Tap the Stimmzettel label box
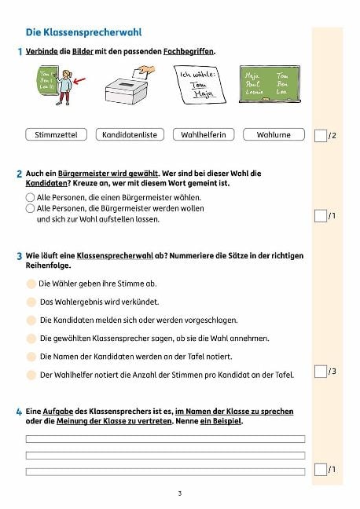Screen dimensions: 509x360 [56, 134]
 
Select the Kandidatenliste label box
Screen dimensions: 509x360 [130, 134]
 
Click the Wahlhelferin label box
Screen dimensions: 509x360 [203, 134]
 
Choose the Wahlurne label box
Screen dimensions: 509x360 [274, 134]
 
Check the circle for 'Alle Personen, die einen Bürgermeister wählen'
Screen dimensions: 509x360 [31, 197]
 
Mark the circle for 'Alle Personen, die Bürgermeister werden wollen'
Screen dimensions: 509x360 [31, 208]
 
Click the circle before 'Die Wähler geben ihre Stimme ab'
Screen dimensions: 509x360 [31, 284]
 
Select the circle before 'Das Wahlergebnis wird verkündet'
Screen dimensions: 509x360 [31, 302]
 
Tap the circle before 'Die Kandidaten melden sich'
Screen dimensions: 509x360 [31, 320]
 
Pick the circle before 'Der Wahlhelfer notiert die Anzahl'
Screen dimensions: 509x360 [31, 375]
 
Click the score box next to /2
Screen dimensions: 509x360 [320, 136]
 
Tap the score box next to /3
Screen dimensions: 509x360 [320, 371]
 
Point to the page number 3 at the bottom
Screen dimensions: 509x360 [179, 493]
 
